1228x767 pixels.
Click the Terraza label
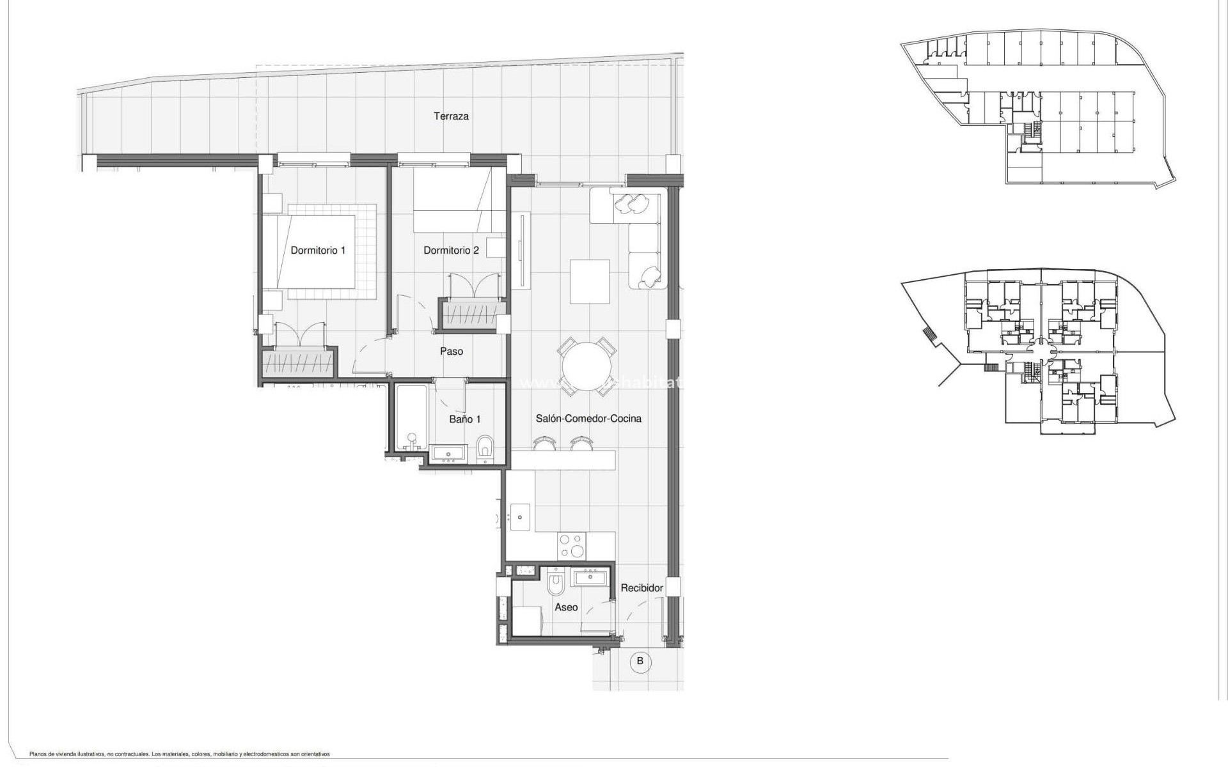point(451,116)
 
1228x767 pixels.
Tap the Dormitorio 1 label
point(318,250)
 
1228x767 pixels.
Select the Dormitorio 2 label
point(451,250)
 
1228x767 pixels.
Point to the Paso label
point(452,351)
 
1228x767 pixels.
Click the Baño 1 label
point(465,419)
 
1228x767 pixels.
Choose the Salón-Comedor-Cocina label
point(588,418)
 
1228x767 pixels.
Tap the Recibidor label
point(642,587)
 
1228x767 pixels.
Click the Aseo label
point(566,607)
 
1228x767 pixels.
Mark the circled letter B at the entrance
point(640,661)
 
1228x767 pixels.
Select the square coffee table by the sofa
point(590,281)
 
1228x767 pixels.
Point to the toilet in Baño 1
point(485,448)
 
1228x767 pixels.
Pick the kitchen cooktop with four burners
point(571,546)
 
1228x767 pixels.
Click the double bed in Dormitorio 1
point(319,252)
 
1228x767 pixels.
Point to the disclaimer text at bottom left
point(179,754)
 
